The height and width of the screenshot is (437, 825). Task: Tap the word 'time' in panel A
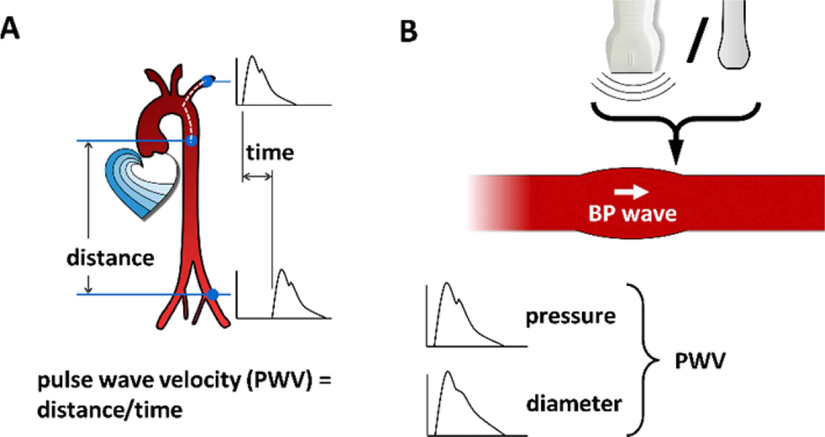270,153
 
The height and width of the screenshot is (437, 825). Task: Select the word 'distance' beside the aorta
110,258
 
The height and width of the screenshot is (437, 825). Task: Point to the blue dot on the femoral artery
213,295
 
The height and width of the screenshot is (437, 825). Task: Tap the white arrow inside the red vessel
631,192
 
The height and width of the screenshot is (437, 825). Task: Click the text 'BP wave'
632,214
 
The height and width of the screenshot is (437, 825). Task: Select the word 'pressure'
571,316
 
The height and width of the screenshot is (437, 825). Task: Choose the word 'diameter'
574,404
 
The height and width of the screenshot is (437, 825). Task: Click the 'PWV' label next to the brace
700,361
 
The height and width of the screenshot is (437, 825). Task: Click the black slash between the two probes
697,40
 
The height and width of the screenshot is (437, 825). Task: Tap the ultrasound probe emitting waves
633,38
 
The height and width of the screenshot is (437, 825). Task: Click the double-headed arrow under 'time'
257,177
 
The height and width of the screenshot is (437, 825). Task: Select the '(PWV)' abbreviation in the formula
279,380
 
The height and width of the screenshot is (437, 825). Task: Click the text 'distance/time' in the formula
110,410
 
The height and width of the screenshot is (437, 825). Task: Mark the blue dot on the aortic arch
191,141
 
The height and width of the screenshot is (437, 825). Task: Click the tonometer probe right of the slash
734,35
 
